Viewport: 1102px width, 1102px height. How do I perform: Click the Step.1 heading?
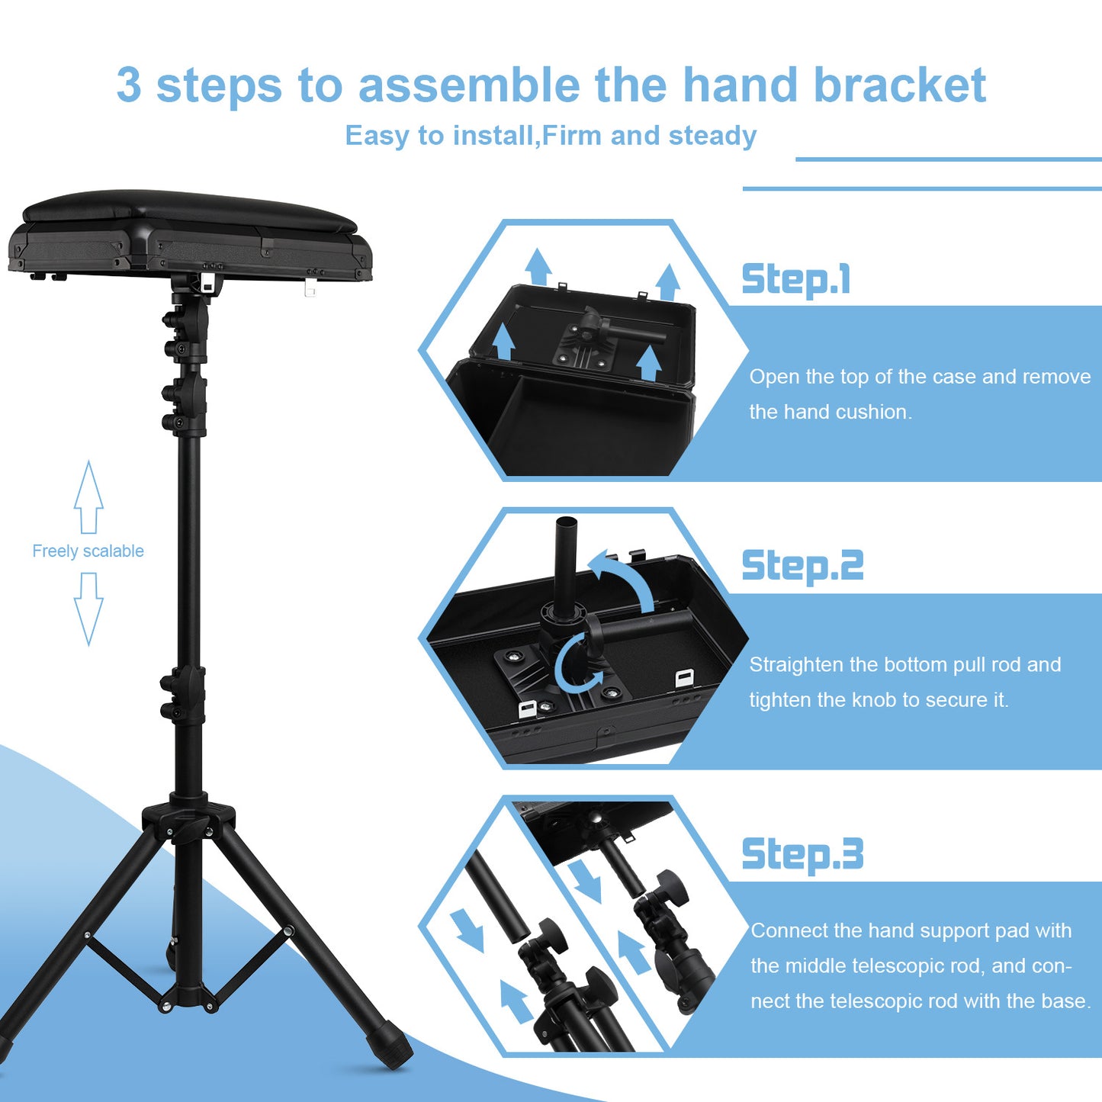coord(795,279)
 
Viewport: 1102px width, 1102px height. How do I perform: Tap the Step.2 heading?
coord(802,567)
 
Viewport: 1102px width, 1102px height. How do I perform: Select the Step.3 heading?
coord(802,855)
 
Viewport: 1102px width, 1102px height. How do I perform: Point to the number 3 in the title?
coord(129,85)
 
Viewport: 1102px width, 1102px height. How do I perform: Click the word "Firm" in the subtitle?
coord(573,136)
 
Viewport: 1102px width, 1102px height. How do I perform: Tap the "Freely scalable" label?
coord(88,551)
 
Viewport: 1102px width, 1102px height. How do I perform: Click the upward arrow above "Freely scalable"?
coord(88,497)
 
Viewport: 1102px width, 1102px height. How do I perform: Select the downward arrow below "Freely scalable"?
coord(88,609)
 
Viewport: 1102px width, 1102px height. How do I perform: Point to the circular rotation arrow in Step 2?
coord(577,666)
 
